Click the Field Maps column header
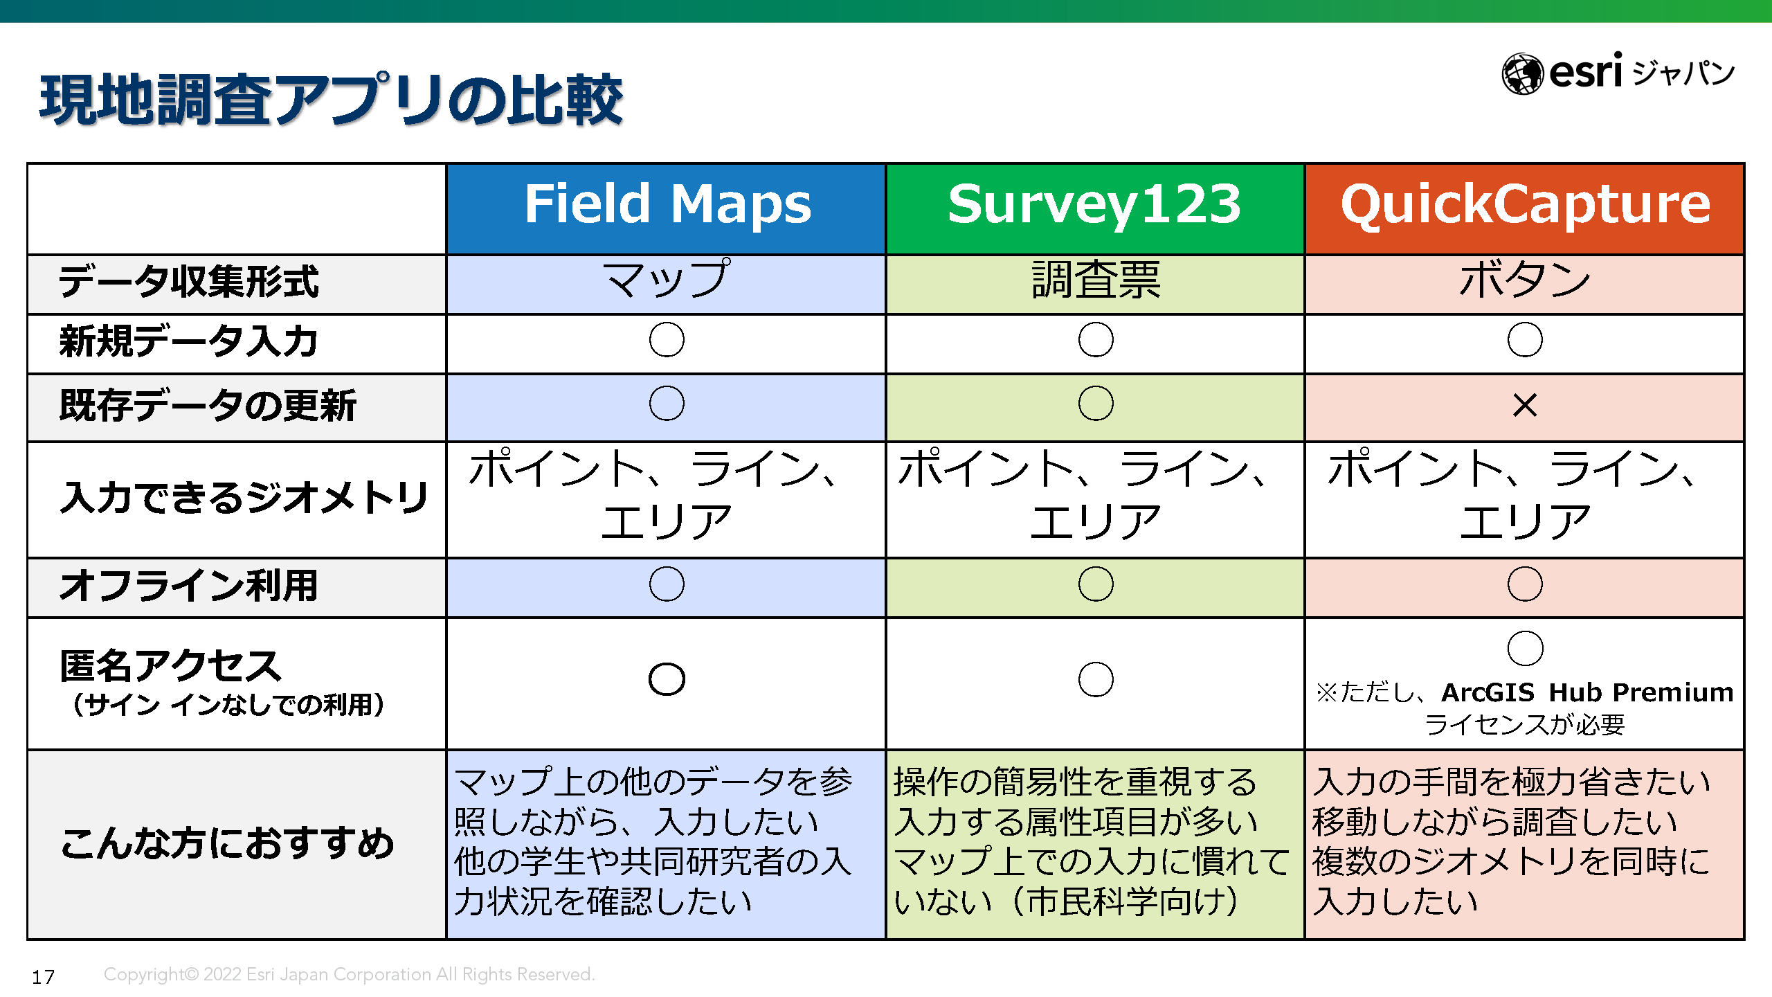(x=667, y=205)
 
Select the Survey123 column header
(x=1094, y=205)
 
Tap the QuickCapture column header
(x=1525, y=205)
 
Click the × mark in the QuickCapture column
(x=1525, y=405)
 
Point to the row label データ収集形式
(x=188, y=282)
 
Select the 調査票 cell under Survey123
(x=1096, y=280)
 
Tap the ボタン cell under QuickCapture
(x=1525, y=280)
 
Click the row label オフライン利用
(x=188, y=585)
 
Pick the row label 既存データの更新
(x=208, y=405)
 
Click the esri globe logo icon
(x=1522, y=73)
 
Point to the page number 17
(x=43, y=977)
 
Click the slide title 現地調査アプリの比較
(x=332, y=100)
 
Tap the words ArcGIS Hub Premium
(x=1587, y=692)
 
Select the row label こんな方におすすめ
(x=227, y=843)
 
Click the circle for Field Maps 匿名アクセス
(x=667, y=679)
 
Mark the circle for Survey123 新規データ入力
(x=1096, y=340)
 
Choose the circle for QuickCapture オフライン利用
(x=1525, y=584)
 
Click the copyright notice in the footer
(x=349, y=974)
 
